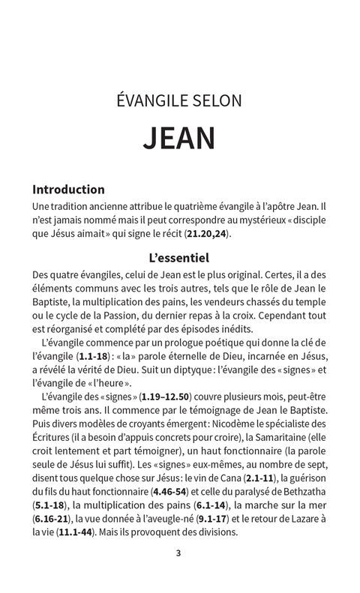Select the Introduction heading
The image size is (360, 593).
(x=68, y=189)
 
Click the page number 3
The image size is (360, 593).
(x=178, y=554)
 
